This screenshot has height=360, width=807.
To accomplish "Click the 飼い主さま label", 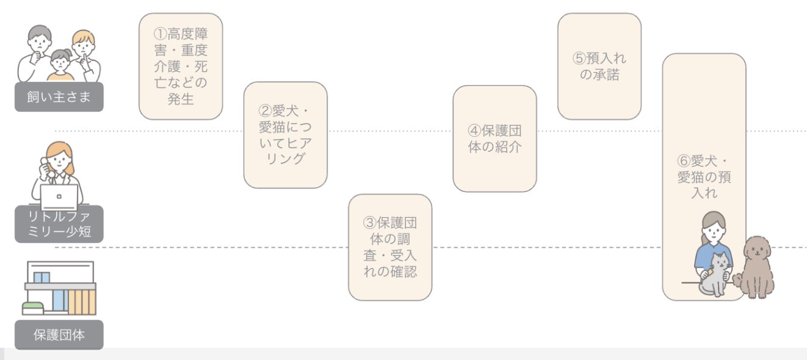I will tap(59, 97).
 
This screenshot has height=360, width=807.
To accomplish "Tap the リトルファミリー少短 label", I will tap(59, 224).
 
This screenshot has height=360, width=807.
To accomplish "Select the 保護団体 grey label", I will tap(59, 335).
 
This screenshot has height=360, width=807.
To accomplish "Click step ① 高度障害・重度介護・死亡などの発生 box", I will tap(181, 66).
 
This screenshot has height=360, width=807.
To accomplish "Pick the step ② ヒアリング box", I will tap(285, 135).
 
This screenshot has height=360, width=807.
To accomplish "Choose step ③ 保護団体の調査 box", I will tap(390, 247).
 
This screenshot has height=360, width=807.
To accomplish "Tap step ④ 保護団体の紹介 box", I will tap(494, 139).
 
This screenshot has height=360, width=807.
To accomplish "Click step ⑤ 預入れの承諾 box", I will tap(599, 67).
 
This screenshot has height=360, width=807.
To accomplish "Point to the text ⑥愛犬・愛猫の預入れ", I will tap(704, 178).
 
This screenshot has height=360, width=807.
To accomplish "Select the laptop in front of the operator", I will tap(59, 197).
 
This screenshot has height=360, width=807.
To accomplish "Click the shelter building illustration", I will tap(60, 287).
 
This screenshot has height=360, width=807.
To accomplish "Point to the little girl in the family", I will tap(60, 65).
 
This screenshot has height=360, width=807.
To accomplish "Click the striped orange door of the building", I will tap(82, 301).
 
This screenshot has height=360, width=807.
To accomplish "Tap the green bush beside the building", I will tap(34, 308).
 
